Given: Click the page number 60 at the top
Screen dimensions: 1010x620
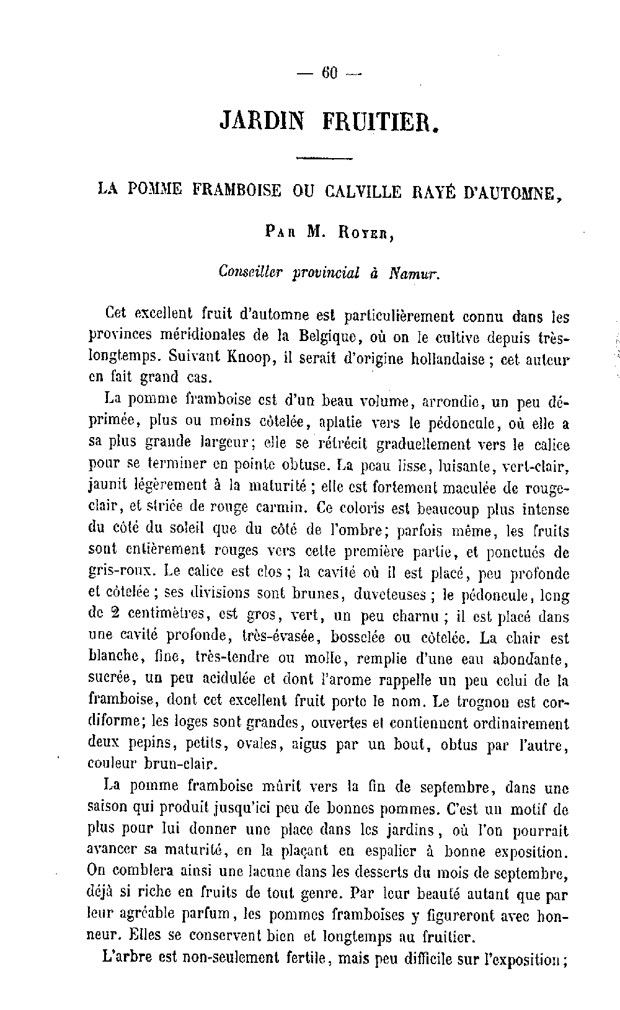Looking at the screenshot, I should pos(329,73).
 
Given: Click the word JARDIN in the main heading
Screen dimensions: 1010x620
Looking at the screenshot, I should pos(262,120).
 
